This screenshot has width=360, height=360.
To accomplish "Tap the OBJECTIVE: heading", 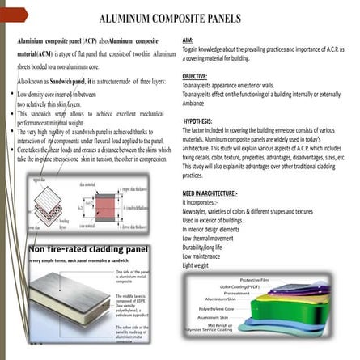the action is point(196,74).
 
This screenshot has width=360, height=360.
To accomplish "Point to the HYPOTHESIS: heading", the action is point(199,120).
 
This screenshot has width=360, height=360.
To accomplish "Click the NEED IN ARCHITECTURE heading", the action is point(210,194).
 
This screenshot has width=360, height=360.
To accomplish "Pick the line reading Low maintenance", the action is point(204,256).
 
